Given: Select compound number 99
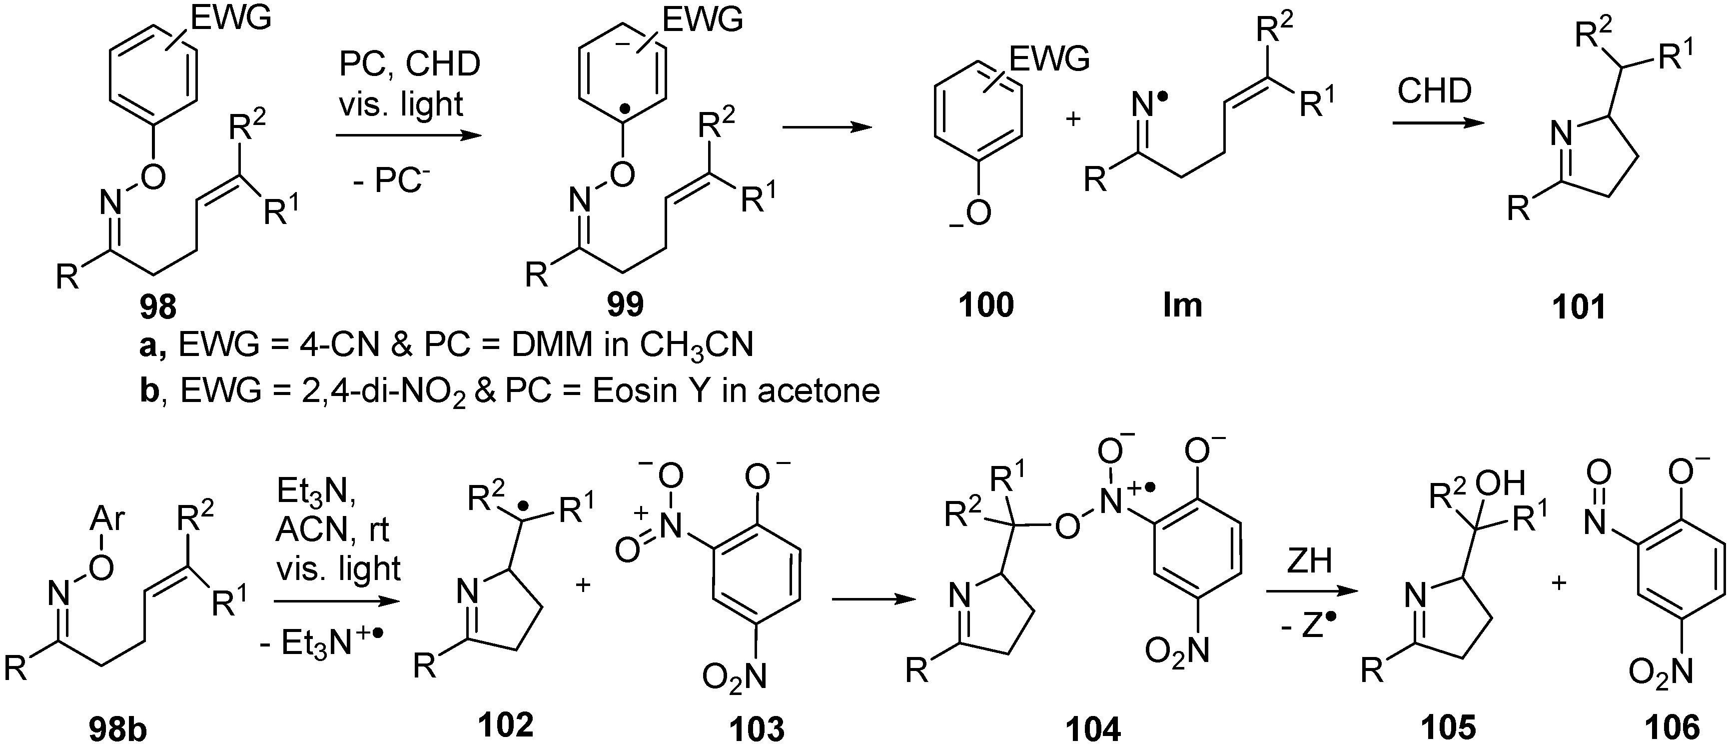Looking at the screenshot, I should (x=625, y=304).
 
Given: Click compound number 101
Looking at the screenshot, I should (x=1579, y=307).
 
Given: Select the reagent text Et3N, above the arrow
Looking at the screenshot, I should (x=316, y=494).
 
